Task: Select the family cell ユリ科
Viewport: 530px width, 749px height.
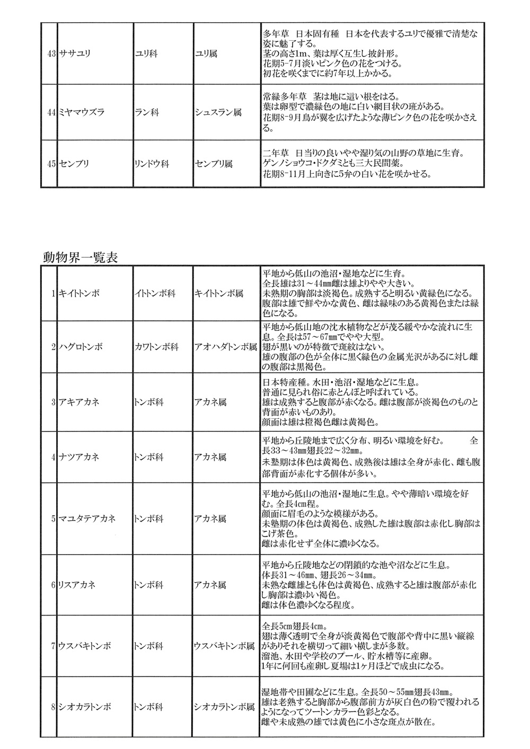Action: click(146, 54)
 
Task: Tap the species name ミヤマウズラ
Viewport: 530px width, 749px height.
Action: click(82, 112)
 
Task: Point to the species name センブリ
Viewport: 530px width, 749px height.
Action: click(75, 164)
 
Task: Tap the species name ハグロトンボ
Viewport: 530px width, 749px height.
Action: click(80, 347)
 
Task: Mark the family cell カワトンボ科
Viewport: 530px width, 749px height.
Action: click(156, 347)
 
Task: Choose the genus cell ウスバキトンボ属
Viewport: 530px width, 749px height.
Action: click(225, 646)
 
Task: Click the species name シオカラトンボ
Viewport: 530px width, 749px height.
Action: click(85, 707)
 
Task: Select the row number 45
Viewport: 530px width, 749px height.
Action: click(51, 164)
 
